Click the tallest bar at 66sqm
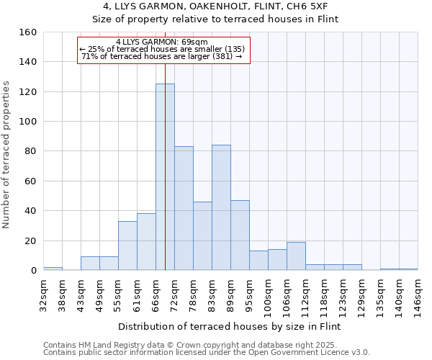pyautogui.click(x=165, y=177)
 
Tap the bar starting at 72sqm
pyautogui.click(x=184, y=208)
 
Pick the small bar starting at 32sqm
pyautogui.click(x=53, y=269)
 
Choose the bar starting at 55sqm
pyautogui.click(x=127, y=246)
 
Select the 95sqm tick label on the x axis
pyautogui.click(x=250, y=292)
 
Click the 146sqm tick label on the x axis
pyautogui.click(x=418, y=294)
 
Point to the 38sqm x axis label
pyautogui.click(x=63, y=292)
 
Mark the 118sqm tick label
pyautogui.click(x=325, y=294)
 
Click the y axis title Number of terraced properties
pyautogui.click(x=7, y=155)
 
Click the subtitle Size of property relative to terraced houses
pyautogui.click(x=216, y=19)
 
